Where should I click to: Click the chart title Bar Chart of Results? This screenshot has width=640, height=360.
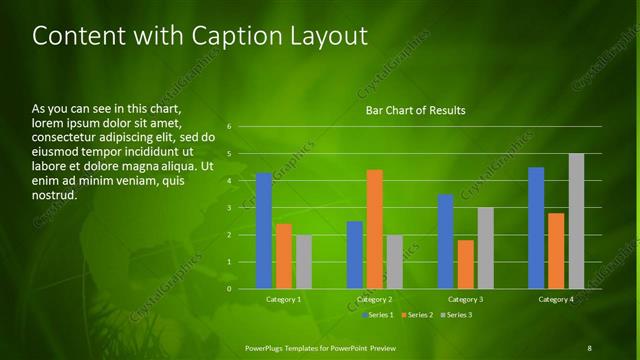click(415, 110)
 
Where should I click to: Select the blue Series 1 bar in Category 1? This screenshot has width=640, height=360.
click(264, 231)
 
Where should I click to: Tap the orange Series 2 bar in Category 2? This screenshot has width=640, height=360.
click(375, 229)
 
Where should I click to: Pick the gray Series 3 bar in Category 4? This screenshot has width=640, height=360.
click(576, 221)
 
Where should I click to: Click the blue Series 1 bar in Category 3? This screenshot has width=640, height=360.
click(446, 241)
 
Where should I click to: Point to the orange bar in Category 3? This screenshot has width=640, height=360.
click(465, 264)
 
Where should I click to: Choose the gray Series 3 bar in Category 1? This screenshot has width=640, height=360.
click(304, 262)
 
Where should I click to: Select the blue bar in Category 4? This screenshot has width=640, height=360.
click(536, 228)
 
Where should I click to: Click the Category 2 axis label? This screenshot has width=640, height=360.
click(375, 299)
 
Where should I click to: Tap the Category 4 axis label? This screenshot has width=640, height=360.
click(556, 299)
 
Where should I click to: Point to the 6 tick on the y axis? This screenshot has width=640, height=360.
click(230, 127)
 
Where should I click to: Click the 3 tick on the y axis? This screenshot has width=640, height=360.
click(230, 208)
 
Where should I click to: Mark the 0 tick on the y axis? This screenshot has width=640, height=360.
click(230, 289)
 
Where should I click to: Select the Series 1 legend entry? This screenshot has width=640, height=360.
click(377, 315)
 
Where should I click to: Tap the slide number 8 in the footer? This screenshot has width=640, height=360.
click(590, 347)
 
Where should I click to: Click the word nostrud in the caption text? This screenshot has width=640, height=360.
click(55, 195)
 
